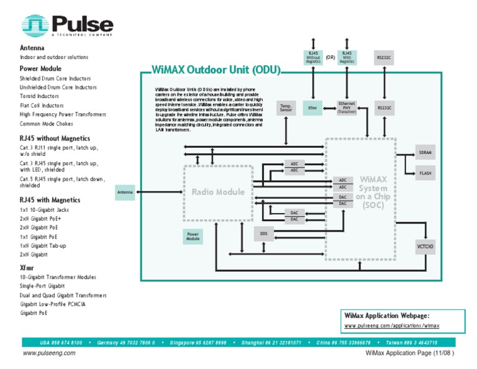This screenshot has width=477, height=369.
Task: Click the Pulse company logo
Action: tap(69, 25)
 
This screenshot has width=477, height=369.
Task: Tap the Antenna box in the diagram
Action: tap(125, 193)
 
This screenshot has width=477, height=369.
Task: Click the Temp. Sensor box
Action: tap(286, 107)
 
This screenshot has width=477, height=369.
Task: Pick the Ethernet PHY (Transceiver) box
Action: tap(347, 107)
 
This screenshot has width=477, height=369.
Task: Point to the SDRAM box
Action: tap(425, 152)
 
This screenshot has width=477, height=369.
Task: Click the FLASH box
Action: tap(425, 173)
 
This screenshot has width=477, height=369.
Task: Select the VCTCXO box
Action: tap(425, 247)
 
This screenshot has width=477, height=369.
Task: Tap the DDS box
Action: tap(263, 234)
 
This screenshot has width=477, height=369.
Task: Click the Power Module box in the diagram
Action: tap(193, 236)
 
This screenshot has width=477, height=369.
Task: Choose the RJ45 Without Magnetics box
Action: tap(314, 58)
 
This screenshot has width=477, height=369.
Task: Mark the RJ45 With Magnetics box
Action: tap(347, 58)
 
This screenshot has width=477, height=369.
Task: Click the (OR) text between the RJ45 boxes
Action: tap(330, 58)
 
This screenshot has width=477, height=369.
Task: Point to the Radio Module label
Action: tap(218, 192)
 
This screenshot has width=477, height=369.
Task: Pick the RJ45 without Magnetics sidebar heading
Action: tap(55, 139)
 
